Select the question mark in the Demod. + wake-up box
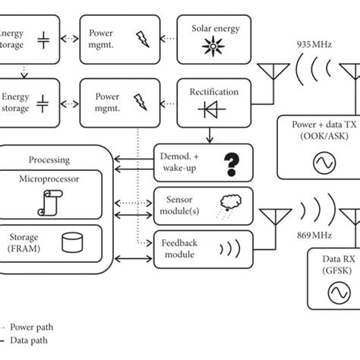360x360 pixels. tap(227, 163)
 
